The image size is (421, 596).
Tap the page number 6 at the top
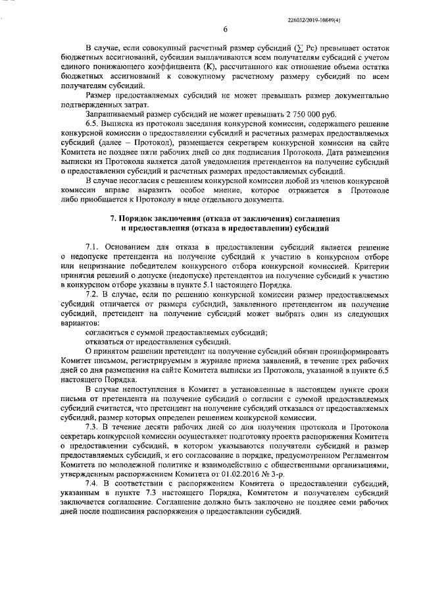pos(225,29)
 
